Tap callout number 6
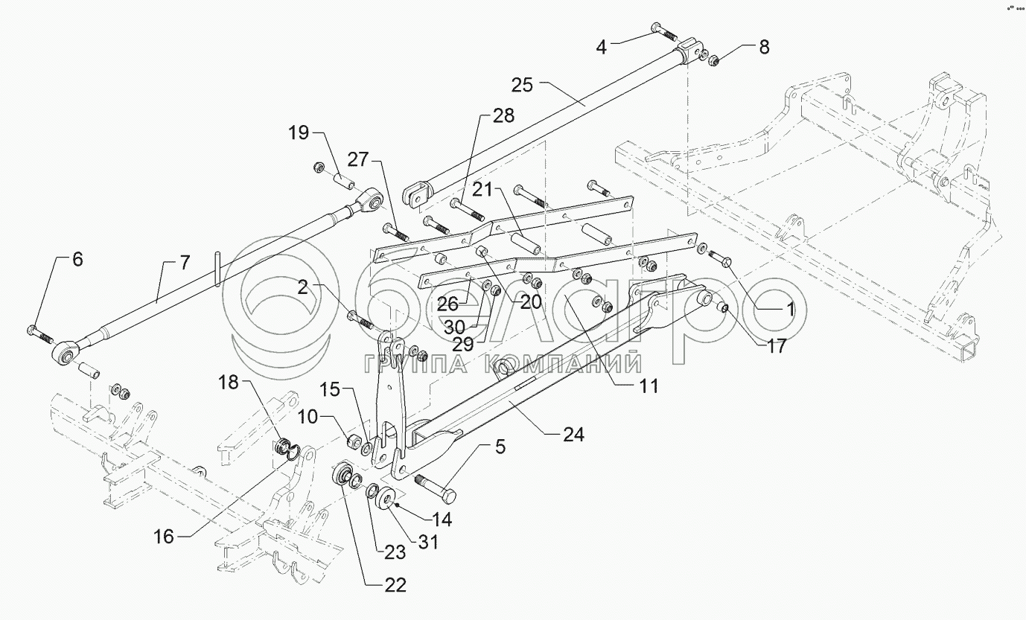(77, 260)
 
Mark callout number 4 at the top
(602, 47)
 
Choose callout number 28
(503, 115)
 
